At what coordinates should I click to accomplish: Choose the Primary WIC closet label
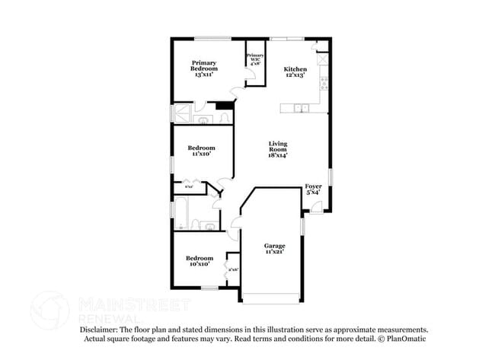pos(254,59)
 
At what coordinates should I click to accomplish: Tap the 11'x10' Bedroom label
pos(201,151)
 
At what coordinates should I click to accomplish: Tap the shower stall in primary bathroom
pos(183,115)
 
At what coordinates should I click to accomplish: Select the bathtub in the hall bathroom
pos(183,213)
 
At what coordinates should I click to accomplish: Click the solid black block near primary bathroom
pos(223,107)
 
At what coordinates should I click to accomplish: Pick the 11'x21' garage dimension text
pos(274,252)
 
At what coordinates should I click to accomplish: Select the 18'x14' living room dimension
pos(277,155)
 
